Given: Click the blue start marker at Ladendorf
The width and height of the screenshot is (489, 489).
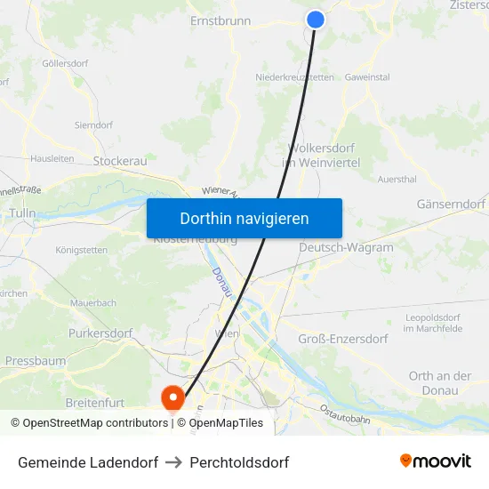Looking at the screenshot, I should click(316, 20).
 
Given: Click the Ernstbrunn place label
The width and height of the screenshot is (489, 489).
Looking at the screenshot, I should click(220, 20).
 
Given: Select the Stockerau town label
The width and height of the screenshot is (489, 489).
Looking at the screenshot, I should click(120, 161).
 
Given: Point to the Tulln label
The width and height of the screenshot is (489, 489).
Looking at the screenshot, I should click(22, 213).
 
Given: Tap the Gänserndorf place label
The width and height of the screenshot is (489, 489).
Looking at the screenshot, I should click(451, 204).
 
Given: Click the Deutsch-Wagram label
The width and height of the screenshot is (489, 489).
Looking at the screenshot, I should click(346, 247).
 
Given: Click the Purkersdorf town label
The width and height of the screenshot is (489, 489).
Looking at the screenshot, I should click(100, 333).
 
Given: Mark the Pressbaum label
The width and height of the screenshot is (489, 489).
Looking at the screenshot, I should click(36, 361).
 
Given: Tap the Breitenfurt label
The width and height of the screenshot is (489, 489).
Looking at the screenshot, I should click(95, 403).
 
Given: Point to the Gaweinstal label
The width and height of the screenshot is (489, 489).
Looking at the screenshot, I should click(367, 77).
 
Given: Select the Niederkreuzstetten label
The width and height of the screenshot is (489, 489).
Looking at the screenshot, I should click(295, 77).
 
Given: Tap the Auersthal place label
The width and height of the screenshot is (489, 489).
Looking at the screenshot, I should click(397, 179).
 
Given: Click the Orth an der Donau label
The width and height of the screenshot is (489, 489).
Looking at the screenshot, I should click(440, 382).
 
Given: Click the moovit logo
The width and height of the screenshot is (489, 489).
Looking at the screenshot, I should click(436, 461).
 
